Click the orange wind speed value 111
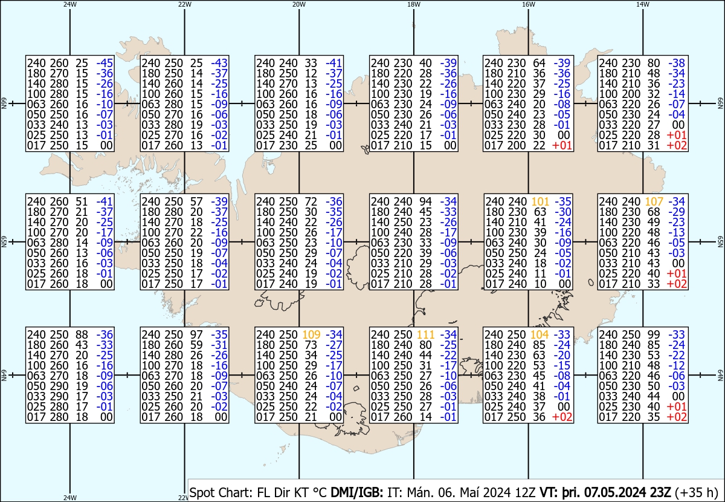coord(425,334)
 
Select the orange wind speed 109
coord(311,334)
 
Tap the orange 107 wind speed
coord(654,201)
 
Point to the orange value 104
coord(540,334)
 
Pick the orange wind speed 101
coord(540,201)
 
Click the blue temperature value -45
coord(105,63)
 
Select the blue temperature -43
coord(219,63)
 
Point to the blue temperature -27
coord(333,345)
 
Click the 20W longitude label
coord(299,5)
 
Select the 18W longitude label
coord(414,5)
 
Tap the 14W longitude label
coord(643,5)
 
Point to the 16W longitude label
coord(529,5)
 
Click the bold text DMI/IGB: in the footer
coord(356,492)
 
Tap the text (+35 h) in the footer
coord(697,492)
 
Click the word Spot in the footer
coord(202,493)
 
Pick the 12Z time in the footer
coord(525,492)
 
